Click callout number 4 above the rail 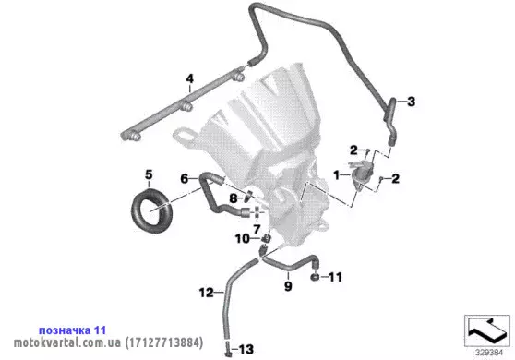[189, 78]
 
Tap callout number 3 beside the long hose [411, 102]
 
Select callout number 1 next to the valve [337, 175]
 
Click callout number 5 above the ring [149, 174]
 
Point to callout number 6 [185, 179]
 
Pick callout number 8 [234, 198]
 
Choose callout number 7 [257, 229]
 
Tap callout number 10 [243, 238]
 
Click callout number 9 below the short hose [288, 286]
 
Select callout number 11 [335, 277]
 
